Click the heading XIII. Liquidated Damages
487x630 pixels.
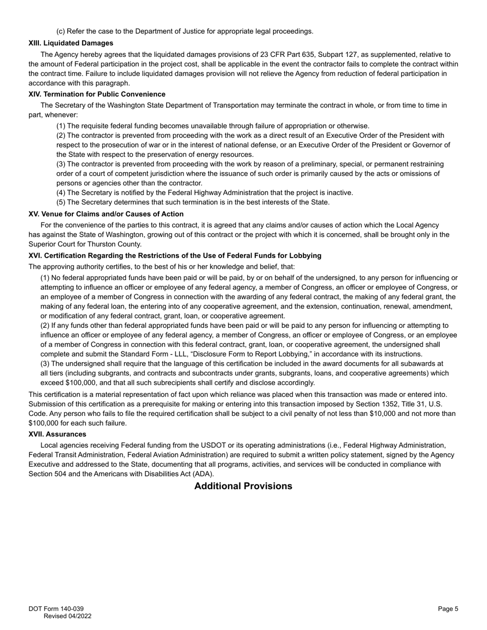pyautogui.click(x=71, y=43)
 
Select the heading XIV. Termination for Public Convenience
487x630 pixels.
pyautogui.click(x=97, y=94)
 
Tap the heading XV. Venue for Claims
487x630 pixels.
pyautogui.click(x=106, y=214)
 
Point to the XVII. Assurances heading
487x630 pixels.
pyautogui.click(x=57, y=434)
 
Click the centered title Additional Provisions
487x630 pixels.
pyautogui.click(x=243, y=486)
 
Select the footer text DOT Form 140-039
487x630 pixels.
pyautogui.click(x=56, y=609)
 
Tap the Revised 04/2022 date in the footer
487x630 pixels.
pyautogui.click(x=67, y=616)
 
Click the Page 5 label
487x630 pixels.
pyautogui.click(x=448, y=609)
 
